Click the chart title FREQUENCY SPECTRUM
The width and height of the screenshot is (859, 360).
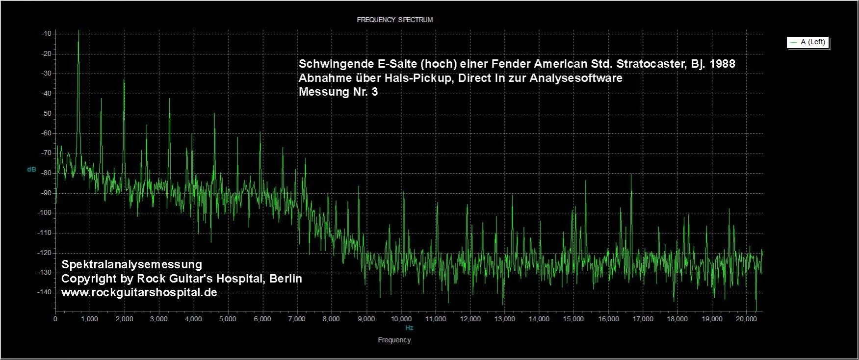click(x=394, y=20)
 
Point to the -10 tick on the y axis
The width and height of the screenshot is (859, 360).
click(x=47, y=34)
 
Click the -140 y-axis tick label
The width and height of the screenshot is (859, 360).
click(x=45, y=292)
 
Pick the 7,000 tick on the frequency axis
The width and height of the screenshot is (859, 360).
click(x=297, y=319)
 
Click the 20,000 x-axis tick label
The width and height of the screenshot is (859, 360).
click(x=746, y=319)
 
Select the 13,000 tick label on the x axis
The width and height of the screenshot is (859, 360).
click(x=504, y=319)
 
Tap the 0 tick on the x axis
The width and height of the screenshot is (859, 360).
click(x=55, y=319)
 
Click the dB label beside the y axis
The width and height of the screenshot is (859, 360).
click(x=31, y=169)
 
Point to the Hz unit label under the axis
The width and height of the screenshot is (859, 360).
click(x=409, y=328)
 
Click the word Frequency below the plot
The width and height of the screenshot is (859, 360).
click(x=394, y=340)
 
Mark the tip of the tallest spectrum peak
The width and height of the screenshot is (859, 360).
click(x=78, y=30)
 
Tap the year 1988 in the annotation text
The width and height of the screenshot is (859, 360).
click(x=722, y=64)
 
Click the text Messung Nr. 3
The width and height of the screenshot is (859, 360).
click(x=338, y=92)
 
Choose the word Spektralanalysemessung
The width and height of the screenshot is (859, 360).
click(x=131, y=264)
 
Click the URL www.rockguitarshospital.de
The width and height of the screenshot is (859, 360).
click(x=139, y=292)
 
